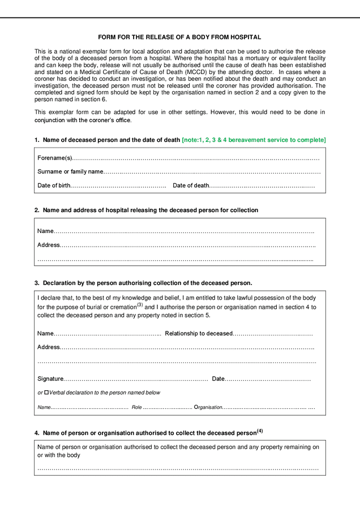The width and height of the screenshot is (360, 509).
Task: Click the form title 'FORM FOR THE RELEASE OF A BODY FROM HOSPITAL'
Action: pyautogui.click(x=179, y=37)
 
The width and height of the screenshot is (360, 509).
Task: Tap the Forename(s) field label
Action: pyautogui.click(x=55, y=158)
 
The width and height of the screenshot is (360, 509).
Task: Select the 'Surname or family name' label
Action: pyautogui.click(x=70, y=171)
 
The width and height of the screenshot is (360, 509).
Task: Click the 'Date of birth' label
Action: pyautogui.click(x=54, y=186)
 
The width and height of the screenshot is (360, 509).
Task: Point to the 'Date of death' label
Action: pyautogui.click(x=191, y=186)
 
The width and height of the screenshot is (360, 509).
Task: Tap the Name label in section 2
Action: pyautogui.click(x=45, y=231)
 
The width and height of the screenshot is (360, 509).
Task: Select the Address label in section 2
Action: pyautogui.click(x=49, y=245)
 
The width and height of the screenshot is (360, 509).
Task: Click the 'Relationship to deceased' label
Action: pyautogui.click(x=199, y=334)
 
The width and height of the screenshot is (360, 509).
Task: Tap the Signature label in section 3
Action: pyautogui.click(x=50, y=379)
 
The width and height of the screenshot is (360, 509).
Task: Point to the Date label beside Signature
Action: pyautogui.click(x=218, y=379)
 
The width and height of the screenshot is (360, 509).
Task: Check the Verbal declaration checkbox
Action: pyautogui.click(x=46, y=392)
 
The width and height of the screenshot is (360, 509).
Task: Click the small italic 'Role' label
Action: pyautogui.click(x=136, y=407)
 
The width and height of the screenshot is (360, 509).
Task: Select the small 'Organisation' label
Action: pyautogui.click(x=208, y=407)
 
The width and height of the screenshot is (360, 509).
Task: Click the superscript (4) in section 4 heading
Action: pyautogui.click(x=260, y=431)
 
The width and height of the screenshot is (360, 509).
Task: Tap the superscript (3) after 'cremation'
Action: pyautogui.click(x=140, y=305)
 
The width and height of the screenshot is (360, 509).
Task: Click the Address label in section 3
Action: pyautogui.click(x=49, y=347)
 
